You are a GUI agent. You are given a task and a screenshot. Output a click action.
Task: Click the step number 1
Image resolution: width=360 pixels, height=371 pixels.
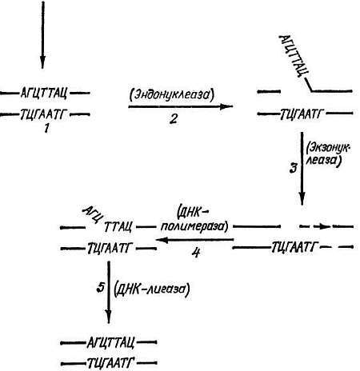[x=46, y=129]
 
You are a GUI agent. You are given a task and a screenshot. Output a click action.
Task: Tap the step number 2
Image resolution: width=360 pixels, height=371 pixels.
[x=174, y=119]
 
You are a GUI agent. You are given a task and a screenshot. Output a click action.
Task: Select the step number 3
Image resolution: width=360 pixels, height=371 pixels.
[x=294, y=169]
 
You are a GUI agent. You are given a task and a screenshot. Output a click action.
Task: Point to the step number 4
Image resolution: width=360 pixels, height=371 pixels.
[x=196, y=253]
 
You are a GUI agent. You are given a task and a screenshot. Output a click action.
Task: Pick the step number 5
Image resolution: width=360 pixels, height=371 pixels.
[x=100, y=288]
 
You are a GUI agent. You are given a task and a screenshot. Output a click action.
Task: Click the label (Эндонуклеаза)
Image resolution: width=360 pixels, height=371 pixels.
[x=172, y=95]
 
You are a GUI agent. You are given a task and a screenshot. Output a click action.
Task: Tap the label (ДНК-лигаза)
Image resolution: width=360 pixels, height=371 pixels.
[x=152, y=289]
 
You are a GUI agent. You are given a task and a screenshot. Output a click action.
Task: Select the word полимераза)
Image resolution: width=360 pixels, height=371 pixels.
[x=194, y=226]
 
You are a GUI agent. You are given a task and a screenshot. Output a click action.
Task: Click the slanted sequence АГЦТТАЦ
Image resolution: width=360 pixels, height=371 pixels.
[x=294, y=56]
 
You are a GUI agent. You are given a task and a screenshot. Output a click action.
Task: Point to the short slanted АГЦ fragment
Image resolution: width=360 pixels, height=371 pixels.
[x=92, y=214]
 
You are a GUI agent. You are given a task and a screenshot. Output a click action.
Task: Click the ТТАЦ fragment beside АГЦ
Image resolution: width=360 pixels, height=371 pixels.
[x=118, y=227]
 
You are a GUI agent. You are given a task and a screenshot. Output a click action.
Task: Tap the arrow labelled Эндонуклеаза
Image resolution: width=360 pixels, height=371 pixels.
[x=181, y=106]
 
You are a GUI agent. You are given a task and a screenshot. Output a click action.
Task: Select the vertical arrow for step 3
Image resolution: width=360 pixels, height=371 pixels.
[x=302, y=169]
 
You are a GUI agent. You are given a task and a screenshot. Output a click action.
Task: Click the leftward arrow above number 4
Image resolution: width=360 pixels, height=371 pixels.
[x=195, y=240]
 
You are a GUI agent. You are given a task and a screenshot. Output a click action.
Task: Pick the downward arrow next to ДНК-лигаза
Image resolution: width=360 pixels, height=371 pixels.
[x=109, y=293]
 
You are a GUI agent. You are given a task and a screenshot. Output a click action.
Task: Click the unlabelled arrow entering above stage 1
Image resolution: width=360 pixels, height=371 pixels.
[x=42, y=34]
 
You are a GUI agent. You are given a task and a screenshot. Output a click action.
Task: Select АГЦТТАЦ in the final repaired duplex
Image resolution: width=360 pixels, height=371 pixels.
[x=110, y=343]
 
